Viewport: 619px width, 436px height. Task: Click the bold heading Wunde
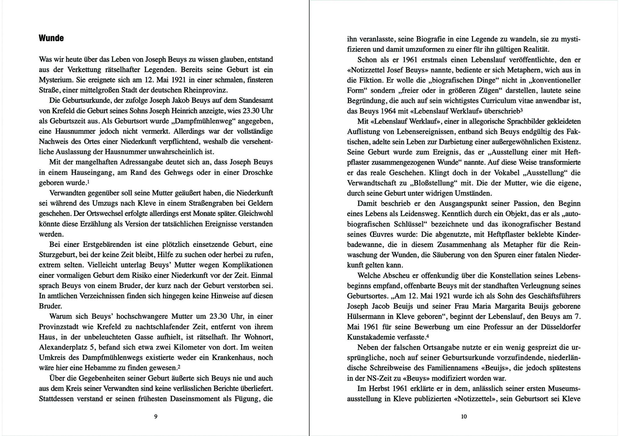tap(51, 38)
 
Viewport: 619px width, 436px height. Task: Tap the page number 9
tap(156, 416)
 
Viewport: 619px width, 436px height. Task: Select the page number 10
tap(464, 416)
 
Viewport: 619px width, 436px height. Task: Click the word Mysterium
tap(55, 80)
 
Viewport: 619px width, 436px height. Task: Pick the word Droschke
tap(258, 173)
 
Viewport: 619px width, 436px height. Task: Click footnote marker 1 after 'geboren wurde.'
tap(88, 182)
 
